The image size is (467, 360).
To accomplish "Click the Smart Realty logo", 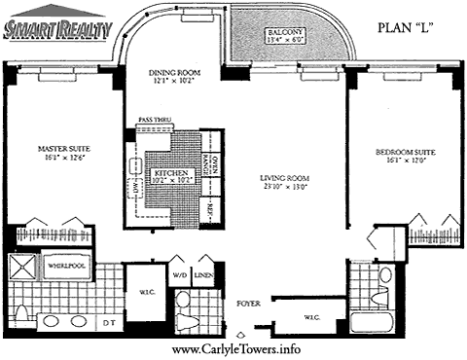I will (x=56, y=31).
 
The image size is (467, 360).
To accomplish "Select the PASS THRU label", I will (x=155, y=119).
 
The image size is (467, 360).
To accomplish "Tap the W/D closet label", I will (x=180, y=275).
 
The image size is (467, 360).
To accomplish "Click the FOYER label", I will (x=247, y=304).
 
